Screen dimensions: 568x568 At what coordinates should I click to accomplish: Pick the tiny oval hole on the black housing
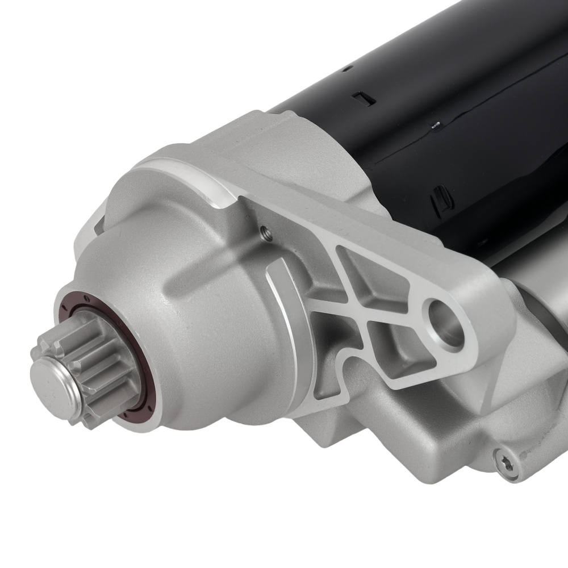[x=345, y=70]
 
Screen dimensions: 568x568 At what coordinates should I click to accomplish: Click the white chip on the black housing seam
[x=437, y=123]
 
